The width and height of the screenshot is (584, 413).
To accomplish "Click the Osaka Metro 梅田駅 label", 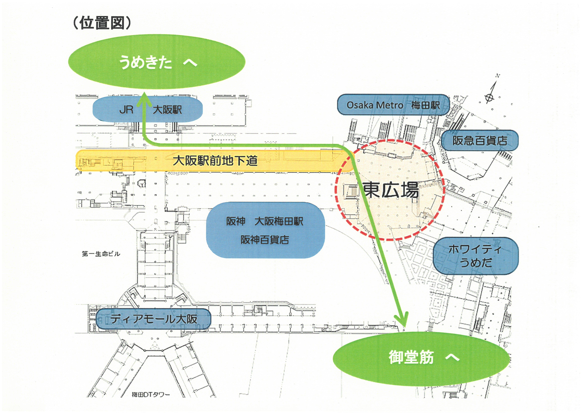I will click(x=393, y=105).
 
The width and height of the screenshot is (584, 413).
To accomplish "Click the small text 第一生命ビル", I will click(x=101, y=254).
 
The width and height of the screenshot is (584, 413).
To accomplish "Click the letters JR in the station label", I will click(x=126, y=110).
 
